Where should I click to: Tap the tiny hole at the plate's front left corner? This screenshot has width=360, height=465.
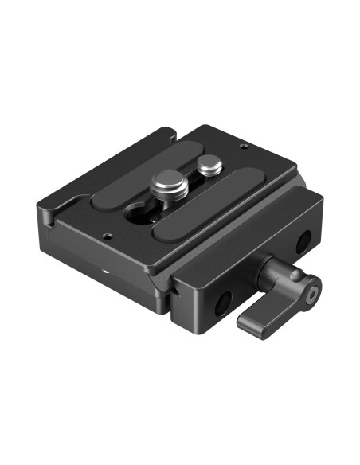[x=106, y=234]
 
